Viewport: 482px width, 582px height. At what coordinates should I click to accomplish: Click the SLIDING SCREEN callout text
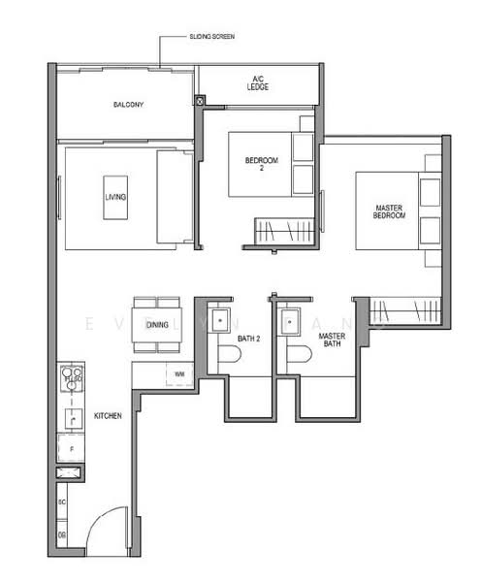[213, 36]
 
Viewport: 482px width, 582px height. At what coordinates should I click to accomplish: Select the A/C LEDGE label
[258, 84]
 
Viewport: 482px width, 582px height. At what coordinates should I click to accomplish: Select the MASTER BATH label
[332, 339]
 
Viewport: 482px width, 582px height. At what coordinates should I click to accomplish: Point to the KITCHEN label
[108, 416]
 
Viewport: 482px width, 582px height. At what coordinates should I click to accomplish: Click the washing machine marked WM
[179, 372]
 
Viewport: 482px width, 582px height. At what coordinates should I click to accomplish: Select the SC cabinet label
[61, 503]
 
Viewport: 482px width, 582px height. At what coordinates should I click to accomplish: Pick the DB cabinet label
[61, 534]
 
